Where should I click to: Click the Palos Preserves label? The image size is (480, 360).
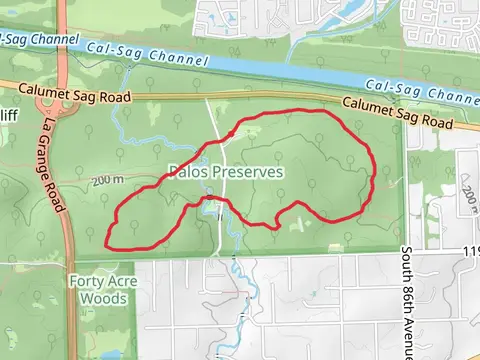(x=225, y=172)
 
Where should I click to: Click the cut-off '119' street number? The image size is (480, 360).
(x=470, y=251)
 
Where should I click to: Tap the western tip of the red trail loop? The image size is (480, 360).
(x=107, y=241)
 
